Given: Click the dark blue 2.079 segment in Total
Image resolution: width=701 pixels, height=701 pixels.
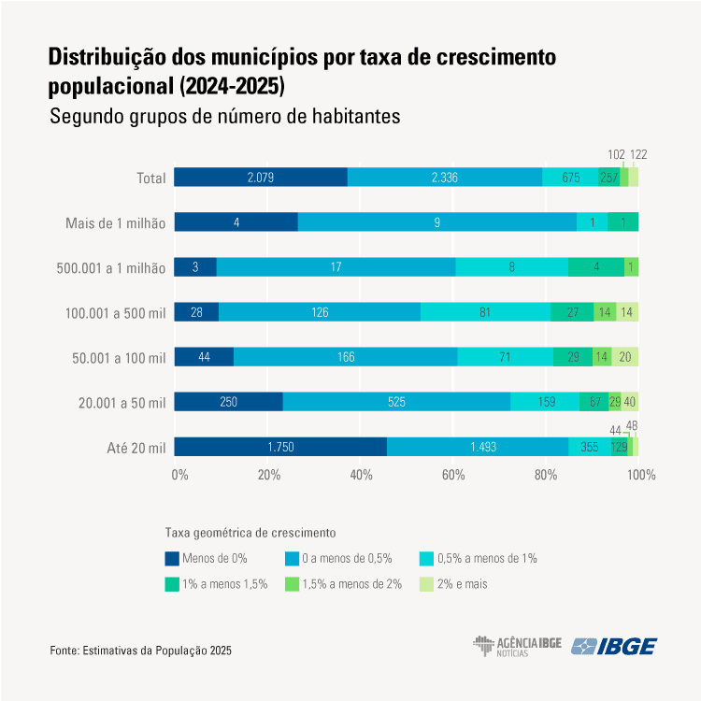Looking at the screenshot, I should pyautogui.click(x=260, y=178).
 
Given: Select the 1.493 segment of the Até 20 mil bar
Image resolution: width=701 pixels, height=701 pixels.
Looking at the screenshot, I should pyautogui.click(x=477, y=447).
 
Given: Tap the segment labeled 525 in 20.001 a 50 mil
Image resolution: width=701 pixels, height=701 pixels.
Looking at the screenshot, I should pyautogui.click(x=396, y=402).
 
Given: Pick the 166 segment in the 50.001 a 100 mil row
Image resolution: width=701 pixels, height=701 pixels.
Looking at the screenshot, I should pyautogui.click(x=346, y=357).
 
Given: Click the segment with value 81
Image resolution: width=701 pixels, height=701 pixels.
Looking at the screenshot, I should pyautogui.click(x=485, y=312).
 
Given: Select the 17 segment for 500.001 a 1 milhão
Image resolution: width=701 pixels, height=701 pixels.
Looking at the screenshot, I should pyautogui.click(x=336, y=267).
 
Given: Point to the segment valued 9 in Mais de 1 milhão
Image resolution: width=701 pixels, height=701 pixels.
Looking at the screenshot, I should pyautogui.click(x=437, y=222).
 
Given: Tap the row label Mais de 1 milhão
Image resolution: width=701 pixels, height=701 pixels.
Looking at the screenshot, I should pyautogui.click(x=115, y=223).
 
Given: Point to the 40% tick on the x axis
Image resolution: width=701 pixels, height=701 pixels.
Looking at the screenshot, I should pyautogui.click(x=362, y=475).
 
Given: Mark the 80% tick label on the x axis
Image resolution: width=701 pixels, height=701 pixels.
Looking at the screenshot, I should pyautogui.click(x=546, y=475).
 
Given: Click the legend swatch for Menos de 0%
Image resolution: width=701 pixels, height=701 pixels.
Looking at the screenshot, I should pyautogui.click(x=172, y=558).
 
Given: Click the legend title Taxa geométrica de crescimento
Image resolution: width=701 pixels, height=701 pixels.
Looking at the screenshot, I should pyautogui.click(x=250, y=533).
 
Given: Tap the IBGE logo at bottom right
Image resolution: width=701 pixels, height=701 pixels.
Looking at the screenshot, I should pyautogui.click(x=614, y=647).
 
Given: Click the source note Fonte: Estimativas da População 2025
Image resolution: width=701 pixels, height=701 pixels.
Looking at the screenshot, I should pyautogui.click(x=140, y=650).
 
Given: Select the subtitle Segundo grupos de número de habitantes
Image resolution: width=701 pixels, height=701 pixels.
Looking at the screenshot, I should pyautogui.click(x=224, y=118).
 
